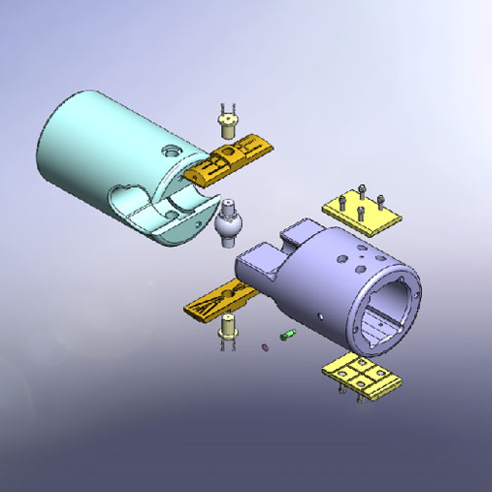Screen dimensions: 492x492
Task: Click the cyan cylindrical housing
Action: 108,148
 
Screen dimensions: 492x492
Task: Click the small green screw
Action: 288,337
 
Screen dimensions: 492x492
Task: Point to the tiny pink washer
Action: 265,347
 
